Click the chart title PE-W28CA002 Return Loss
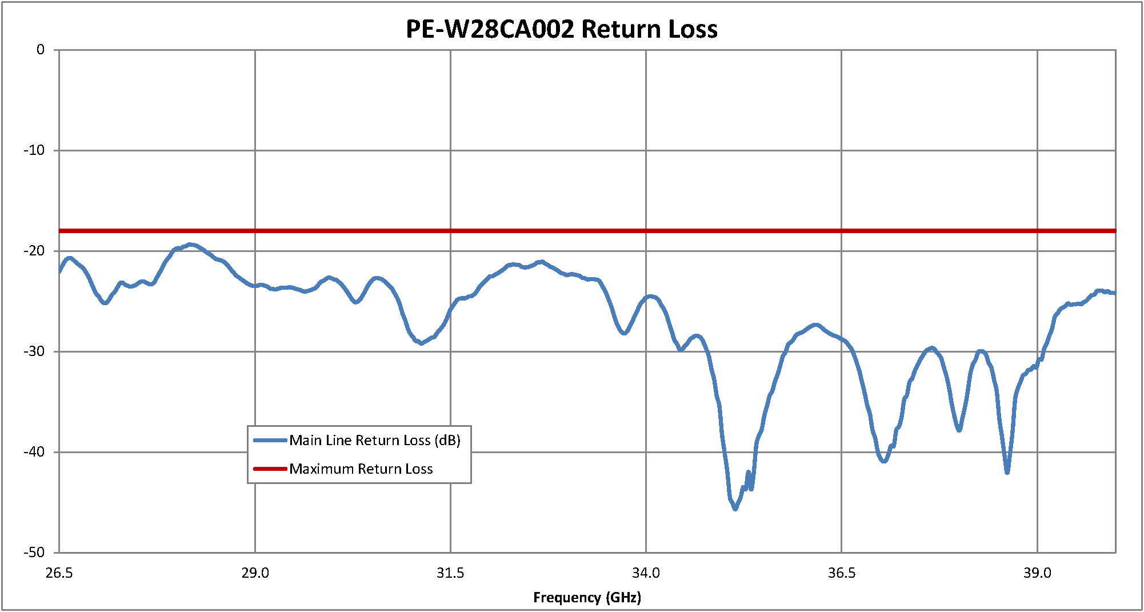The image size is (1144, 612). [x=561, y=29]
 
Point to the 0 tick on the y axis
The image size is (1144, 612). [x=41, y=50]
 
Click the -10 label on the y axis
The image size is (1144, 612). [x=34, y=150]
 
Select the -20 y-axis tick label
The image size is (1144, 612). [x=34, y=251]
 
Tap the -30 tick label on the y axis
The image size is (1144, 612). [x=34, y=351]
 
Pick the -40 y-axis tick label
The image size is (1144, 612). [x=34, y=452]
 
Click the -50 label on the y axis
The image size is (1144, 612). [x=34, y=553]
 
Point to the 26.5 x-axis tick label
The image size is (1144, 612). [x=59, y=573]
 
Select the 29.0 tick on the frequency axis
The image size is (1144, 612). [x=255, y=573]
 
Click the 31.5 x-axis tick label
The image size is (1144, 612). [x=450, y=573]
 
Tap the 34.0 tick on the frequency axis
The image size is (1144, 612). [x=646, y=573]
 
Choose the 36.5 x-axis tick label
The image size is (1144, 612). [x=842, y=573]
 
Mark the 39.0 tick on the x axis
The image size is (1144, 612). [x=1037, y=573]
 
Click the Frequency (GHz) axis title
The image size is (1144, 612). [x=587, y=598]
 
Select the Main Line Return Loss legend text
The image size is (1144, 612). [x=375, y=441]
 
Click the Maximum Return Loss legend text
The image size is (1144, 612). [x=361, y=469]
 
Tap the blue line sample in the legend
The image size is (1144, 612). [x=270, y=440]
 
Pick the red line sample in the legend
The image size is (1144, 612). [x=270, y=469]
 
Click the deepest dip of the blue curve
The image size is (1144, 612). [x=735, y=509]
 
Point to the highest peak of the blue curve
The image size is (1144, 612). [x=190, y=245]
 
